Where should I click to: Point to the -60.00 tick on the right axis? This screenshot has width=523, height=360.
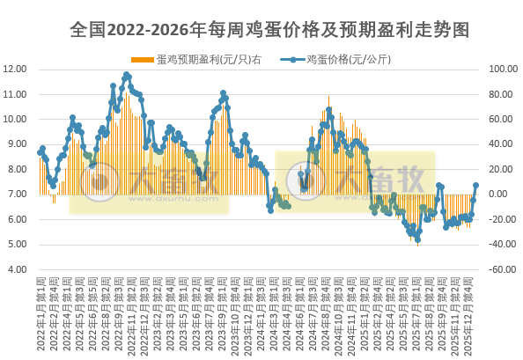tap(498, 269)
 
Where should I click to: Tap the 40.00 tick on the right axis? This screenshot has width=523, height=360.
tap(497, 144)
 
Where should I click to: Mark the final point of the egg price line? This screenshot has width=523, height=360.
tap(476, 186)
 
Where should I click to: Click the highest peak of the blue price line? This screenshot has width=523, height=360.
tap(127, 75)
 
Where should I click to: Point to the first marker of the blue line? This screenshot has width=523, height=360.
tap(40, 153)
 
